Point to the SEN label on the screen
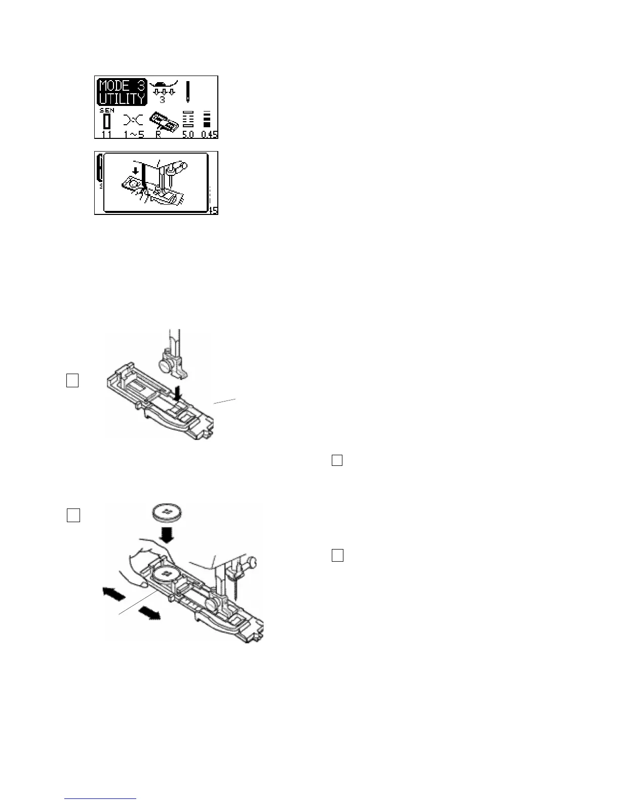(106, 111)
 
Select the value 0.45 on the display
(208, 135)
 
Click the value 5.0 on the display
(188, 135)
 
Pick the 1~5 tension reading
(133, 135)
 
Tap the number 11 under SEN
(106, 135)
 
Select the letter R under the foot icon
(159, 135)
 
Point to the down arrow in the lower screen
(135, 171)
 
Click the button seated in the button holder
(167, 575)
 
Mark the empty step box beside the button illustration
(73, 515)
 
